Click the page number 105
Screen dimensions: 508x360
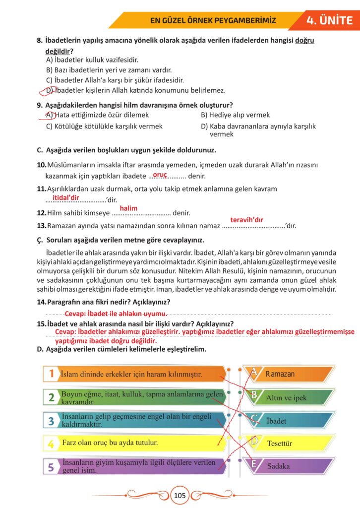(180, 495)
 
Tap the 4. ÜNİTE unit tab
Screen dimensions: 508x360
(330, 20)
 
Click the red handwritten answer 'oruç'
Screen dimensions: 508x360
(160, 175)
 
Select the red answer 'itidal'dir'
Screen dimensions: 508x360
(66, 197)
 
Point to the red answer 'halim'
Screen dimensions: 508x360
(128, 208)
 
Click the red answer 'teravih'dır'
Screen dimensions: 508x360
(246, 220)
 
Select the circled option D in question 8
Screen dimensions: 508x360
(49, 91)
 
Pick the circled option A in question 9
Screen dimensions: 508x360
(49, 115)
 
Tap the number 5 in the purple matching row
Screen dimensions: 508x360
(51, 467)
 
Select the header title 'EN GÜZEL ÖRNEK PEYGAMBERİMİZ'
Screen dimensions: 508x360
(213, 21)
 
